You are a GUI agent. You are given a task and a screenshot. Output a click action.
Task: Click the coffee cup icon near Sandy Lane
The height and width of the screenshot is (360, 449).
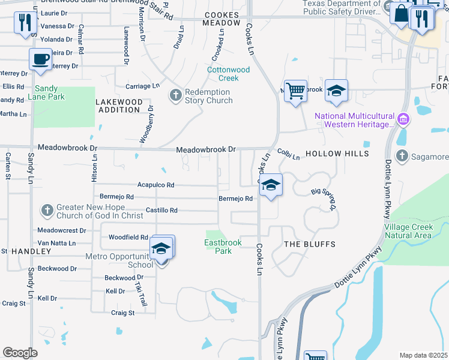[40, 59]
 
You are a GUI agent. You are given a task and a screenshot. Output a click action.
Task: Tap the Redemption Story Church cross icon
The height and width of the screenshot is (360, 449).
[175, 96]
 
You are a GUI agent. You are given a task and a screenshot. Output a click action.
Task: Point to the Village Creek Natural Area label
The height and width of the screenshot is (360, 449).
[416, 231]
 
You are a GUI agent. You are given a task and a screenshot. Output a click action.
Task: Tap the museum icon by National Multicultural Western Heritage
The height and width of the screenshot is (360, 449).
[403, 121]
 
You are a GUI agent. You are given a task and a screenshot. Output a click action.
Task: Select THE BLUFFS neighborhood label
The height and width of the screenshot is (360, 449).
[309, 244]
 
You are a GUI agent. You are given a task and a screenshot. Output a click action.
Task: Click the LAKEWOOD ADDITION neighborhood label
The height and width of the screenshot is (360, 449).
[120, 106]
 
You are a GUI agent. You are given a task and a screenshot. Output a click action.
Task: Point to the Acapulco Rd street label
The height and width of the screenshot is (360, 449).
[155, 185]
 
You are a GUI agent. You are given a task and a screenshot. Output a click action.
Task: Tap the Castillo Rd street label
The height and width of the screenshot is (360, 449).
[161, 211]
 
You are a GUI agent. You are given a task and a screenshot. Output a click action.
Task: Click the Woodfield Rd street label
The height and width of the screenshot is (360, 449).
[128, 238]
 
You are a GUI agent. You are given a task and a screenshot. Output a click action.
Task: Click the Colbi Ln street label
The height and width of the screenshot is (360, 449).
[288, 154]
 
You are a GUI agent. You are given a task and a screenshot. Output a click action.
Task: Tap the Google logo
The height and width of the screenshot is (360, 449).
[20, 352]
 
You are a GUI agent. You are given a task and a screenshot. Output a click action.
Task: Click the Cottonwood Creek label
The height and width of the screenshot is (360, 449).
[228, 74]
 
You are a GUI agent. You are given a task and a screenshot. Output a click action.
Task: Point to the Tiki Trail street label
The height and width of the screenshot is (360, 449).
[140, 294]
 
